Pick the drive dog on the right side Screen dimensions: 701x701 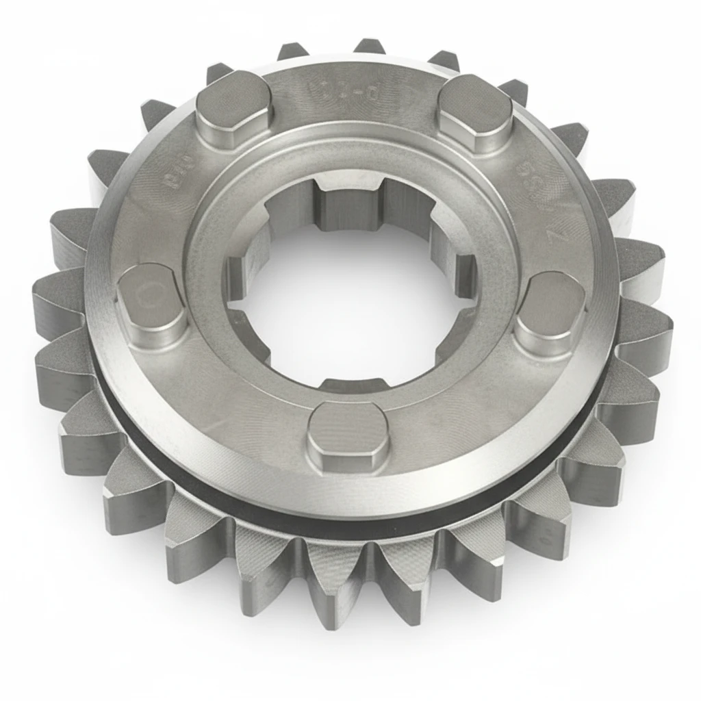click(550, 309)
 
